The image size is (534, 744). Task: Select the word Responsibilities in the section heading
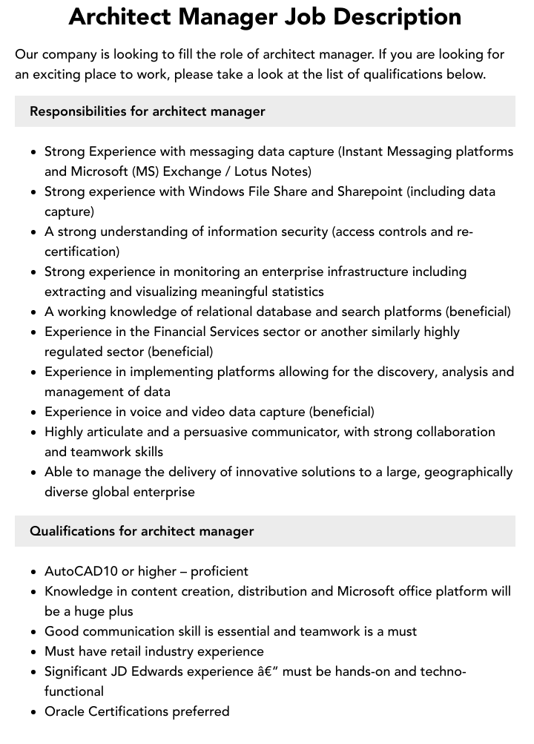pyautogui.click(x=78, y=111)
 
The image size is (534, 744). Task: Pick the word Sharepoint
pyautogui.click(x=370, y=191)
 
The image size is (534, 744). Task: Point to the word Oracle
pyautogui.click(x=65, y=711)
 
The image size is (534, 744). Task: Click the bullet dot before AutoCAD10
pyautogui.click(x=35, y=572)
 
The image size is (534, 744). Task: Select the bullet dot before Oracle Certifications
pyautogui.click(x=35, y=712)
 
